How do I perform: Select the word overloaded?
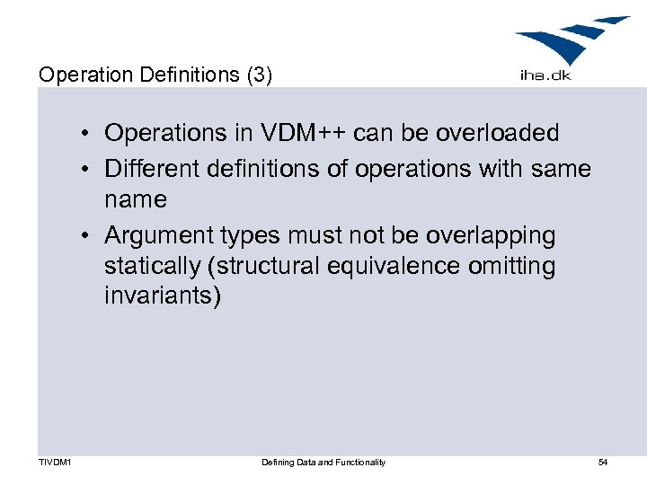[x=497, y=134]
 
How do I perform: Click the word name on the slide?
[x=136, y=198]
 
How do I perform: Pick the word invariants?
[x=162, y=296]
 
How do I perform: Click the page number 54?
[x=603, y=462]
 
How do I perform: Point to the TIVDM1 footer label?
[x=56, y=462]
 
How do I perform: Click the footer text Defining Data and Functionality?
[x=323, y=462]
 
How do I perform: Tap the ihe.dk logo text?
[x=545, y=75]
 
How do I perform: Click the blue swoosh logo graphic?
[x=571, y=40]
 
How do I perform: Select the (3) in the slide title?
[x=259, y=75]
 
